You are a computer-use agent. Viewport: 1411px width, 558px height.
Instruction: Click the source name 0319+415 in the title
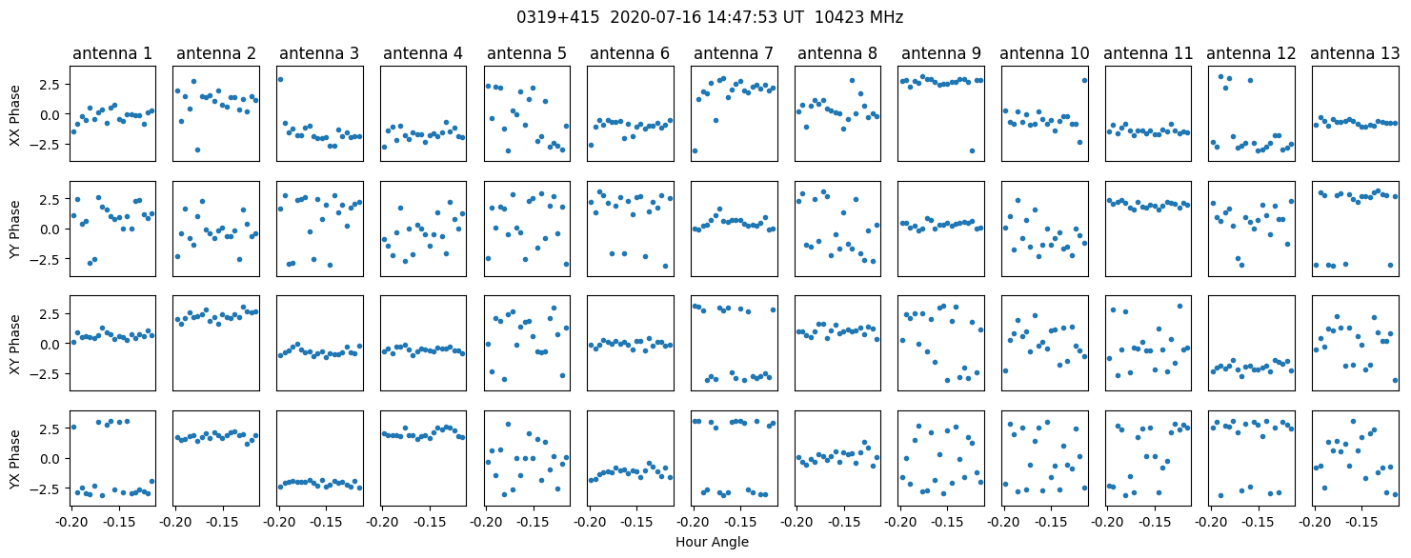point(557,17)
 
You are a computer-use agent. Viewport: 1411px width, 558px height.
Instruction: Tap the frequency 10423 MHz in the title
point(858,17)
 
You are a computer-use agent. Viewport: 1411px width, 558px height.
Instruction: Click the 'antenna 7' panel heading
point(734,53)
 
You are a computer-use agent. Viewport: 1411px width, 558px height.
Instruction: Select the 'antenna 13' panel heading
point(1354,53)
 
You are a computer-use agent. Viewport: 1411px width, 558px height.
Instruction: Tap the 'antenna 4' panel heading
point(423,53)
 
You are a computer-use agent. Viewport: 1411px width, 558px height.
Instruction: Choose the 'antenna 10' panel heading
point(1044,53)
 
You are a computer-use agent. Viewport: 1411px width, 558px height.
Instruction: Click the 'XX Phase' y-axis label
point(14,115)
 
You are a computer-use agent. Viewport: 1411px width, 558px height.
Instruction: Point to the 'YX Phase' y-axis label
point(14,459)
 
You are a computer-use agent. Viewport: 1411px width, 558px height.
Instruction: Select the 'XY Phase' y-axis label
point(14,345)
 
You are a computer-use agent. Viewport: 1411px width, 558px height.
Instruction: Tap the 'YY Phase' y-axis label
point(14,229)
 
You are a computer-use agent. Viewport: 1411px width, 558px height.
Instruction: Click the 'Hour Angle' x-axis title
point(712,542)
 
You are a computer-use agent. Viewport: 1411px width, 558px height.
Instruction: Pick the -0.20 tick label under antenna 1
point(71,522)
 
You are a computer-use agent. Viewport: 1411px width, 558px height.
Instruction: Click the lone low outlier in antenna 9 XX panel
point(972,150)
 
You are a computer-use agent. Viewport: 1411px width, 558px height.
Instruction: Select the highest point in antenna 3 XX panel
point(280,79)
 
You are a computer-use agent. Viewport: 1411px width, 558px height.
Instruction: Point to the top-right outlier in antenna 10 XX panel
point(1084,80)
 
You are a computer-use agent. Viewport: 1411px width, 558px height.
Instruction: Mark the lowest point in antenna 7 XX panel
point(695,150)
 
